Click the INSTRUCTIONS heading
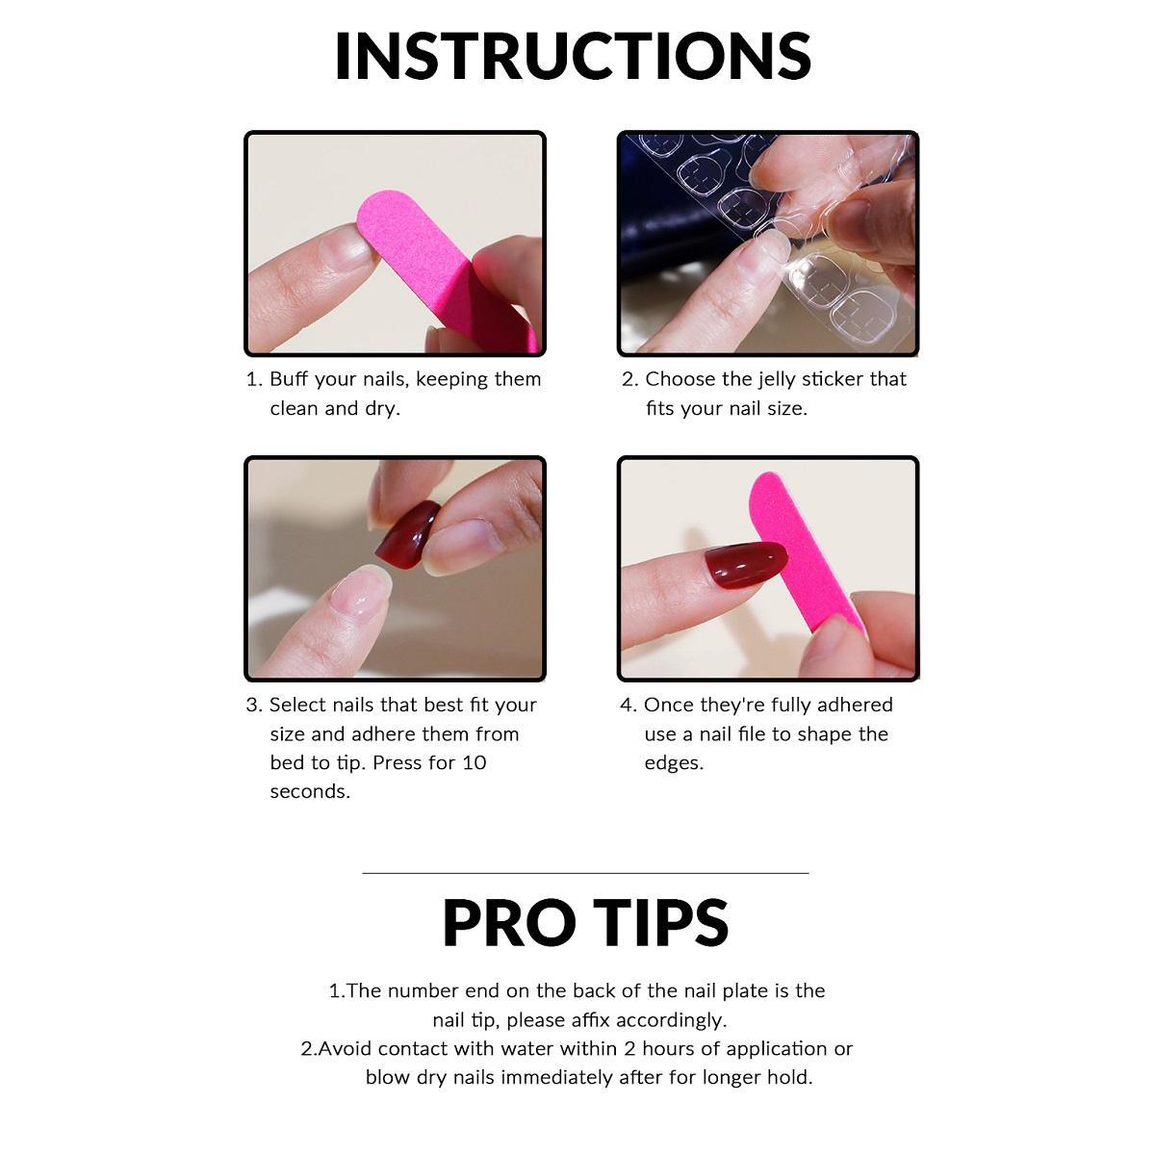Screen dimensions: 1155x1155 click(x=573, y=56)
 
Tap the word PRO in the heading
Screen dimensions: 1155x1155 click(x=509, y=922)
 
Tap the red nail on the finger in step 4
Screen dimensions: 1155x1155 click(x=744, y=565)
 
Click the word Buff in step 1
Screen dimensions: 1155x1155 click(x=289, y=379)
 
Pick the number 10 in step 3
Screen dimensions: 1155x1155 click(x=475, y=762)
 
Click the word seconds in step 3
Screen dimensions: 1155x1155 click(x=310, y=792)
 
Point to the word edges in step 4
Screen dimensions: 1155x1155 click(x=674, y=763)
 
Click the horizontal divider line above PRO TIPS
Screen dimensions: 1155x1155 click(x=585, y=873)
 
